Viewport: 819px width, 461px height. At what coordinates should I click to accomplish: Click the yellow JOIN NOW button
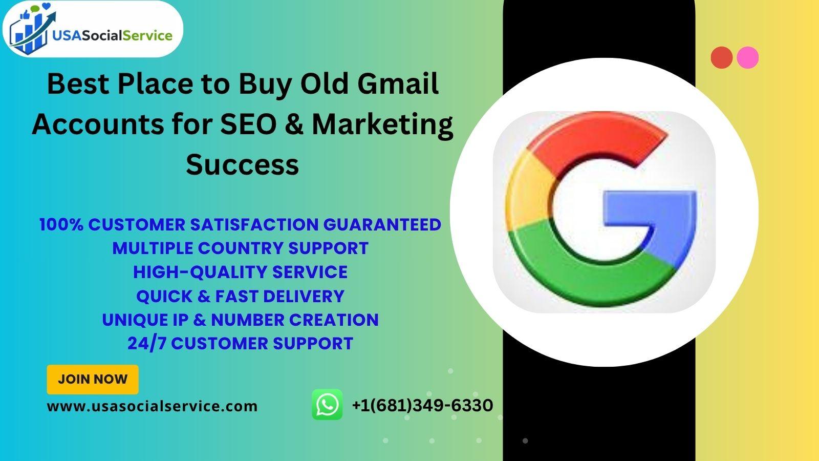[x=93, y=380]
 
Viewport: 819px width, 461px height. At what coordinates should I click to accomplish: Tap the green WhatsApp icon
[x=327, y=404]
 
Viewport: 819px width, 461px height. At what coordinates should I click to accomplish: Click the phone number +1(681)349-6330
[x=422, y=405]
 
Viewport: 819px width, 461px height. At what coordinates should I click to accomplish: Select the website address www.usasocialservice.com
[x=152, y=406]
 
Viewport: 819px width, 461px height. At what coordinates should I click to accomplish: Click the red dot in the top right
[x=721, y=57]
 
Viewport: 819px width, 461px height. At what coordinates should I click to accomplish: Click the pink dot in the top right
[x=747, y=57]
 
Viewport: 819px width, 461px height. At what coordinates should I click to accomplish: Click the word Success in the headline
[x=243, y=164]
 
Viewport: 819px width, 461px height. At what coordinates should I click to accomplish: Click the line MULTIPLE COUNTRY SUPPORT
[x=240, y=248]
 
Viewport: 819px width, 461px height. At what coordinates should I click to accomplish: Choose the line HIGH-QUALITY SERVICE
[x=240, y=272]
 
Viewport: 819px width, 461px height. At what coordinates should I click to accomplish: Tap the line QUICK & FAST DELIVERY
[x=240, y=296]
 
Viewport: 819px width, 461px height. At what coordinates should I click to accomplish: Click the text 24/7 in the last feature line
[x=147, y=344]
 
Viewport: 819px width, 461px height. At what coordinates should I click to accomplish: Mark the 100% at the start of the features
[x=61, y=224]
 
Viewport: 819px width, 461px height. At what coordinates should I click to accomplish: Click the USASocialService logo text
[x=112, y=35]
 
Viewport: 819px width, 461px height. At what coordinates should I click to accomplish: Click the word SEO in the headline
[x=249, y=124]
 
